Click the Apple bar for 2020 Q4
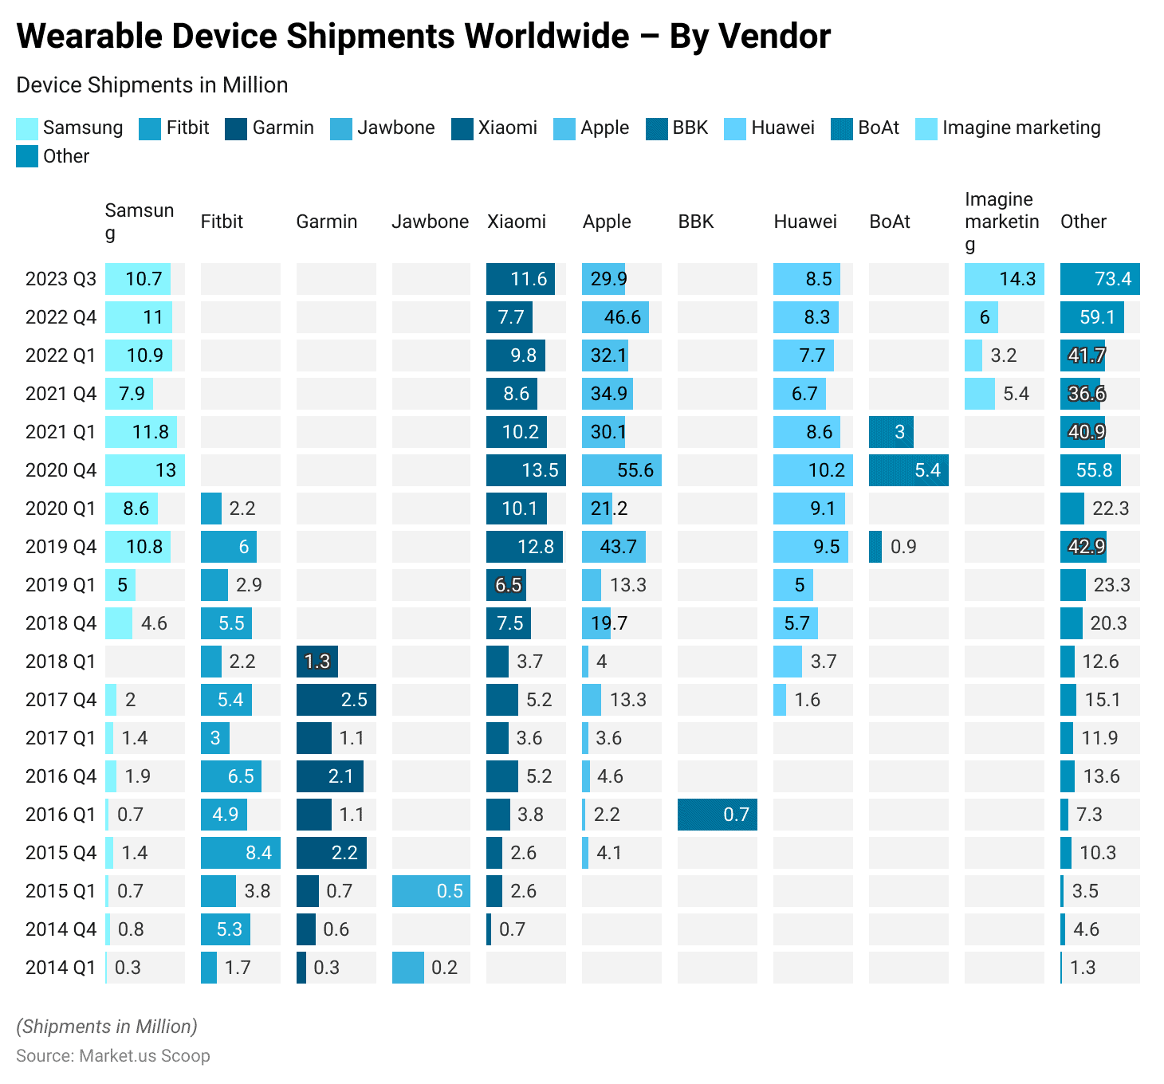(x=621, y=470)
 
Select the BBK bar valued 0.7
(x=717, y=815)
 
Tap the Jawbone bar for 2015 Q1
(x=431, y=891)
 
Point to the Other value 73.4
(x=1113, y=279)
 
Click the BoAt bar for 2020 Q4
(x=908, y=470)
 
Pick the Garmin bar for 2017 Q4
(x=336, y=700)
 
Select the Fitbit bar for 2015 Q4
(x=240, y=853)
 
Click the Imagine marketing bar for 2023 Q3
(x=1004, y=279)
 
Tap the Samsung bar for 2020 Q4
(x=144, y=470)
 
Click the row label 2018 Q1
(x=61, y=662)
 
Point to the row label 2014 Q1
(x=61, y=968)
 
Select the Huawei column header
(x=805, y=222)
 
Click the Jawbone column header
(x=430, y=222)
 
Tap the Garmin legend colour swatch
(x=237, y=128)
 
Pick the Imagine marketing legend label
(x=1020, y=128)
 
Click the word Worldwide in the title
(x=547, y=37)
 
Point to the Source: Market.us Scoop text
(x=113, y=1056)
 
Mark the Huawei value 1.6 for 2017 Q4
(x=807, y=700)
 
